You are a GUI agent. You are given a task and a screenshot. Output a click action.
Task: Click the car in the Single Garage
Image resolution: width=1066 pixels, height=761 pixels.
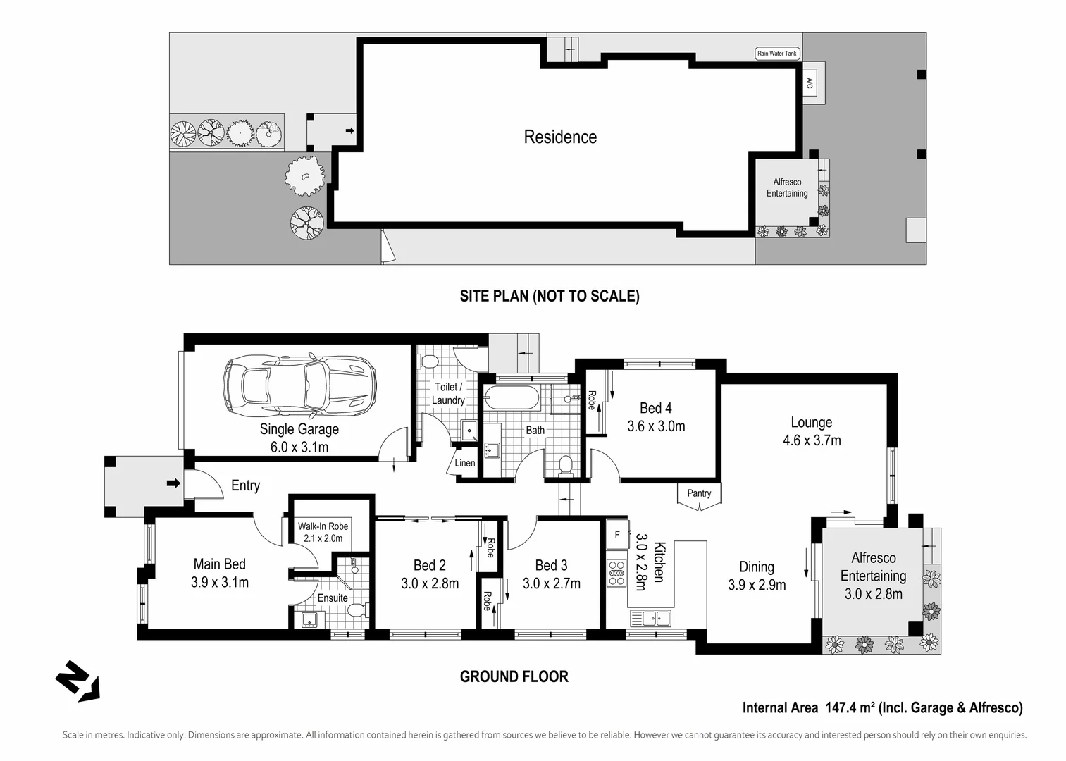click(x=298, y=386)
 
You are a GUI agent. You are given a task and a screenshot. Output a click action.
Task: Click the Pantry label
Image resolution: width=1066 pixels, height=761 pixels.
click(x=699, y=493)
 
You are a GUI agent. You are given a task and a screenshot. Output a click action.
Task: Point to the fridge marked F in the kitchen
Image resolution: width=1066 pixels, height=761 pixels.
click(x=617, y=535)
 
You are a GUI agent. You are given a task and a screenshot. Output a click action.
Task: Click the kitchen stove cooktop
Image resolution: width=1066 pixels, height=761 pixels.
click(x=616, y=571)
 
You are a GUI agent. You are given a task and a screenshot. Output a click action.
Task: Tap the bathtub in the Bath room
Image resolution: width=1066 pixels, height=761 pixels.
click(x=513, y=399)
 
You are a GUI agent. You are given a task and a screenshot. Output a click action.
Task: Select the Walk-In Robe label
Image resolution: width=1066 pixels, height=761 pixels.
click(x=323, y=526)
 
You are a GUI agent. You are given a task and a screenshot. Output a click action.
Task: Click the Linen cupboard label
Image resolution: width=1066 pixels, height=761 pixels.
click(x=465, y=463)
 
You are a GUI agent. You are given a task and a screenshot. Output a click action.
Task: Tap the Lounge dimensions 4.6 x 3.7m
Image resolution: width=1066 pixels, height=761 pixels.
click(x=811, y=441)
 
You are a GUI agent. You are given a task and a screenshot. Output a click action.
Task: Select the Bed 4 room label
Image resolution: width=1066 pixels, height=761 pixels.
click(x=655, y=408)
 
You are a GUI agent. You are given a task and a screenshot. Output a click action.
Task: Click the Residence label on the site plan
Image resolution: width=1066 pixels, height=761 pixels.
click(x=560, y=137)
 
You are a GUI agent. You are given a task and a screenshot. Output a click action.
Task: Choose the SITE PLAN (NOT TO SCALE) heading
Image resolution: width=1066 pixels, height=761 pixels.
click(x=550, y=296)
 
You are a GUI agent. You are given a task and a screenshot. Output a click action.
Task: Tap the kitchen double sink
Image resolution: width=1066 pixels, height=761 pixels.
click(x=650, y=618)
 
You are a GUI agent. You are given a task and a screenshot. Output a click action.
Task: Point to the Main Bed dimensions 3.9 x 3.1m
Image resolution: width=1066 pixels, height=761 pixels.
click(x=219, y=583)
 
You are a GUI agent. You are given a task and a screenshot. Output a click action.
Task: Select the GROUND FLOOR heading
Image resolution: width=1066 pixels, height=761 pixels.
click(x=514, y=676)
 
